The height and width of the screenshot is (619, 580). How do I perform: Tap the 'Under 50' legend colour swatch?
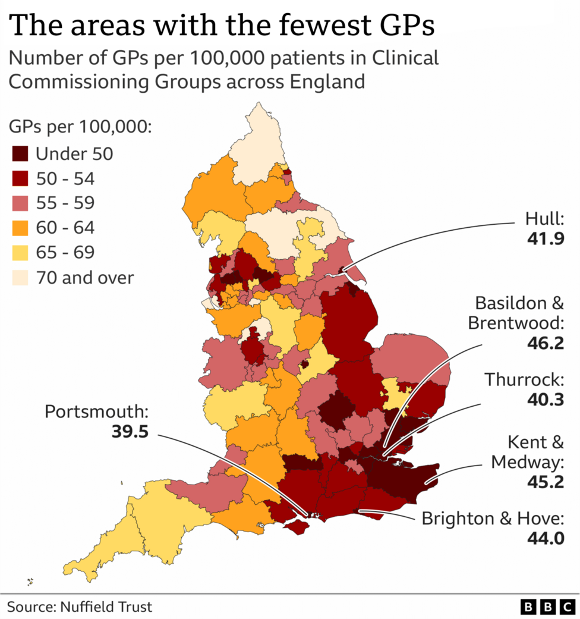click(x=21, y=154)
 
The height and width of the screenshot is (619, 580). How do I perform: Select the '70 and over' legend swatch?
click(x=21, y=277)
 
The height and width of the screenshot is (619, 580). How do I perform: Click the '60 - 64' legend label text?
click(x=65, y=228)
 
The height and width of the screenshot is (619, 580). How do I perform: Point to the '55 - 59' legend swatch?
click(x=21, y=203)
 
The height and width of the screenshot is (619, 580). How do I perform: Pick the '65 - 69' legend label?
click(x=65, y=252)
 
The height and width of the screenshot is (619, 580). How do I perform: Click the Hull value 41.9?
click(x=545, y=239)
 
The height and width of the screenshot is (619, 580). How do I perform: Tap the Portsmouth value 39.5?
click(x=130, y=431)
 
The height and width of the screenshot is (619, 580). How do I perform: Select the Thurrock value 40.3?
click(x=545, y=400)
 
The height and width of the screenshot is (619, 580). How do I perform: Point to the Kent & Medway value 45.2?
click(x=545, y=481)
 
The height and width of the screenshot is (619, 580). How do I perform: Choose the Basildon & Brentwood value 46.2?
click(x=545, y=343)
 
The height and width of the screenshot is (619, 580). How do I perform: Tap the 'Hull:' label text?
click(x=545, y=218)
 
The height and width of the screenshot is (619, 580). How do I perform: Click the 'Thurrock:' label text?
click(x=524, y=379)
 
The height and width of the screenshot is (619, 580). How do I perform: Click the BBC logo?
click(x=546, y=607)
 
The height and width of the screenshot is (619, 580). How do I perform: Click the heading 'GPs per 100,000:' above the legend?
click(x=80, y=128)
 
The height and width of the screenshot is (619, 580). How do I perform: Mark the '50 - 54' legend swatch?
click(x=21, y=178)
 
